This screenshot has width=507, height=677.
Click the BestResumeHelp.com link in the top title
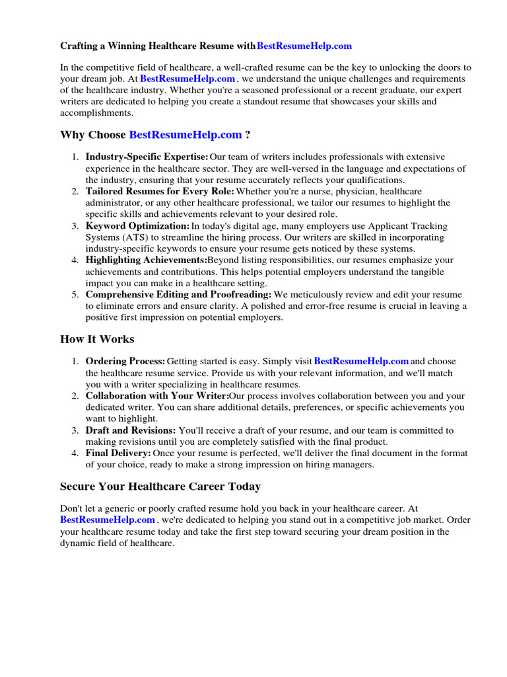pos(304,46)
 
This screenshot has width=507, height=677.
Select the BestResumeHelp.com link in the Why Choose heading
pos(186,135)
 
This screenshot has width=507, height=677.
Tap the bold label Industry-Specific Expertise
pos(147,157)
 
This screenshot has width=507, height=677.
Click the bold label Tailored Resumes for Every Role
pos(160,191)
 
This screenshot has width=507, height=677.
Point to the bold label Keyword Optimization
pos(137,225)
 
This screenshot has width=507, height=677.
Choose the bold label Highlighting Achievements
pos(146,260)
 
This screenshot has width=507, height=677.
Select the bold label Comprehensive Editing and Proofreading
pos(178,294)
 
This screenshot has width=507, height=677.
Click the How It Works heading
pos(97,339)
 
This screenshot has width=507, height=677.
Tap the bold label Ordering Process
pos(125,362)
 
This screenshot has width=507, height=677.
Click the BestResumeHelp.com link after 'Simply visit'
pos(361,362)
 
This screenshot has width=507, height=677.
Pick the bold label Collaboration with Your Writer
pos(157,396)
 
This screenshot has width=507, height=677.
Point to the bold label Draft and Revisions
pos(131,430)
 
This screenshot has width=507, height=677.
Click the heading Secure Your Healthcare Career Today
pos(160,487)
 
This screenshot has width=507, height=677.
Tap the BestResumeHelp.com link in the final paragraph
pos(108,520)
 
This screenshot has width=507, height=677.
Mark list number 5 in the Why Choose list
pos(75,294)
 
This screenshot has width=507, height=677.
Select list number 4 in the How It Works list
pos(75,453)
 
